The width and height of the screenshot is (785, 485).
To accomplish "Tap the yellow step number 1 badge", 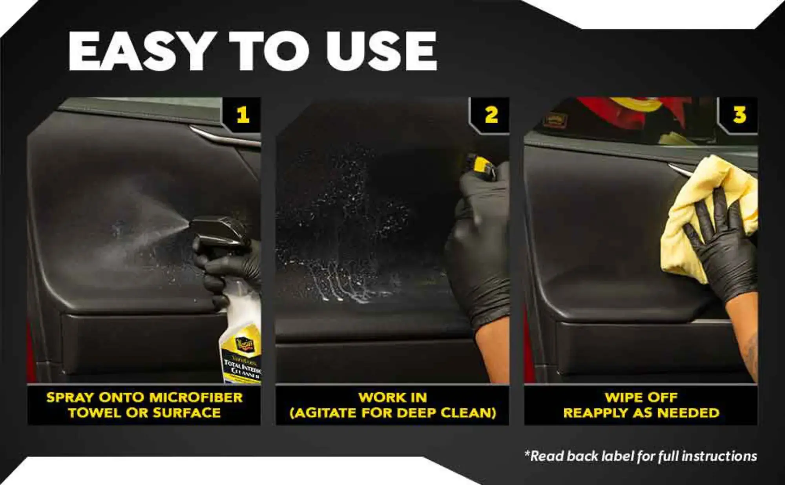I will [x=243, y=115].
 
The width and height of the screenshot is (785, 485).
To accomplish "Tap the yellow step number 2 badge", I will [x=491, y=115].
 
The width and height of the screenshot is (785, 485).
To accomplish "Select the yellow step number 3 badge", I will [x=739, y=115].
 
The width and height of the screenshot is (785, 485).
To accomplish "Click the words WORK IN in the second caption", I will [x=392, y=398].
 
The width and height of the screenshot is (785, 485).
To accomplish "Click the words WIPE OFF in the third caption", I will [x=641, y=398].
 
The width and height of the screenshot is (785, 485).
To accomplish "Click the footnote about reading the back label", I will [x=641, y=456].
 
